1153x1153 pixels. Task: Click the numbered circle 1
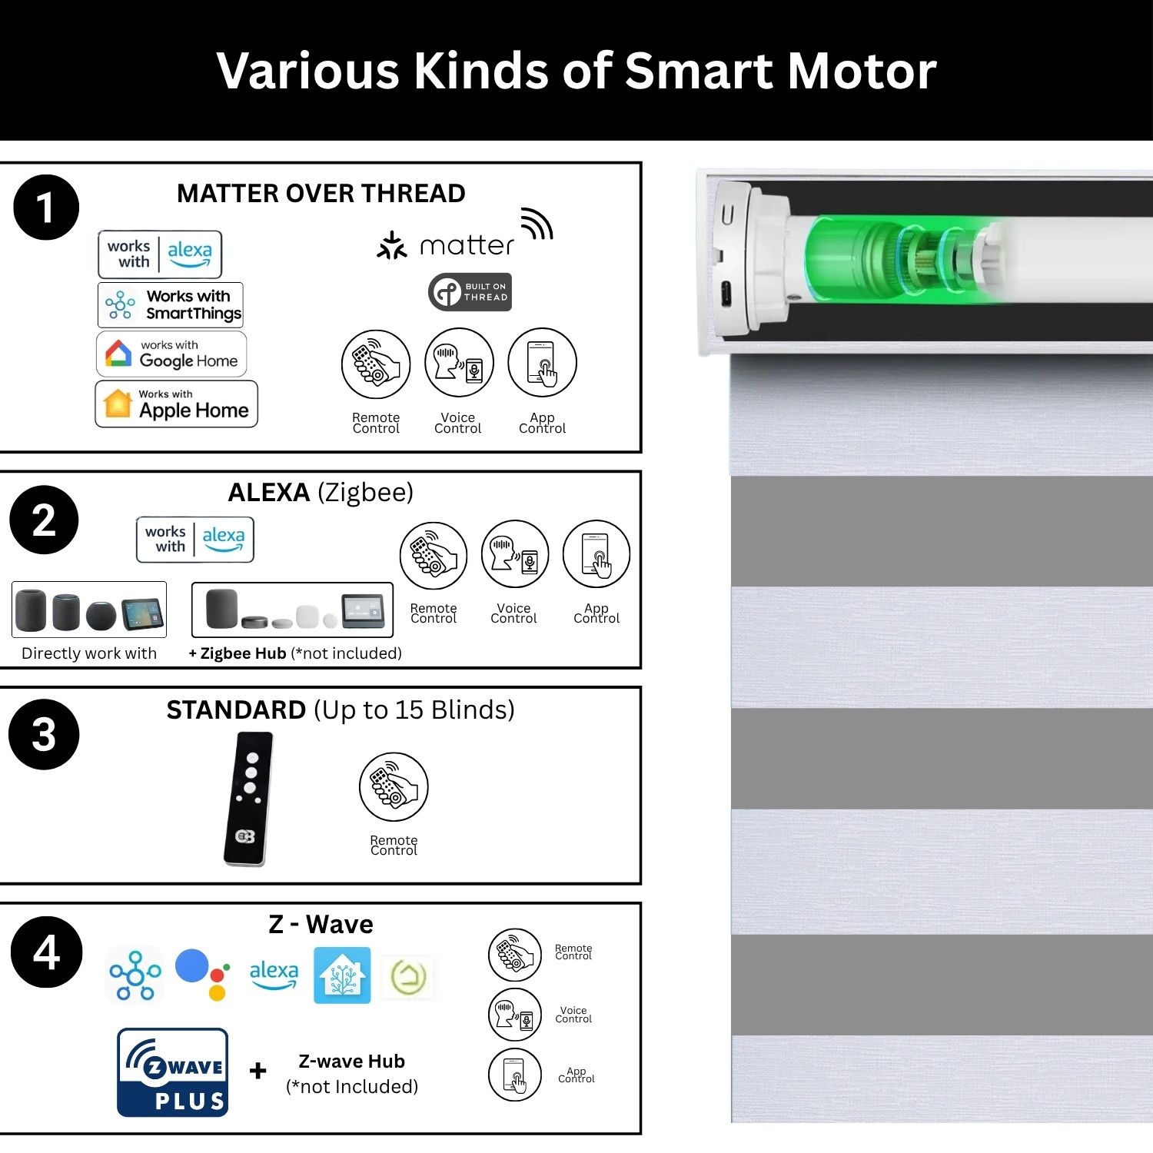pos(46,208)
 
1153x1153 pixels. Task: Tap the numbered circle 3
pos(44,734)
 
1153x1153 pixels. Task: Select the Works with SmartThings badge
pos(171,305)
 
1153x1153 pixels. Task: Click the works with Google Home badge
pos(171,354)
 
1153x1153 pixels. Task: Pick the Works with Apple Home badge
pos(176,404)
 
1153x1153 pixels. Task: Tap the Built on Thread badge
pos(470,292)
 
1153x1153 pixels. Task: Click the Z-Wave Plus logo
pos(173,1072)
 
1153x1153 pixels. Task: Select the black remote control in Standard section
pos(248,799)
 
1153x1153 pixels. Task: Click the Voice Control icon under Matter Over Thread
pos(459,362)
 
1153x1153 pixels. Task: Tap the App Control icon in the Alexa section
pos(596,555)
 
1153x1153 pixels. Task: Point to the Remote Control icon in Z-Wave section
pos(515,955)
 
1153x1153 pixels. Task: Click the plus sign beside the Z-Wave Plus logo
pos(258,1070)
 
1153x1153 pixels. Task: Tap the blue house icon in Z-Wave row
pos(342,975)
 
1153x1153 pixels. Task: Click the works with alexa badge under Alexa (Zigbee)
pos(195,540)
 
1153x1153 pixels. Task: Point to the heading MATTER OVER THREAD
pos(321,193)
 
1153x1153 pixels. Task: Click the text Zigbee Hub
pos(243,653)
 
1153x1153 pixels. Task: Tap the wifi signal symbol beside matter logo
pos(537,223)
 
